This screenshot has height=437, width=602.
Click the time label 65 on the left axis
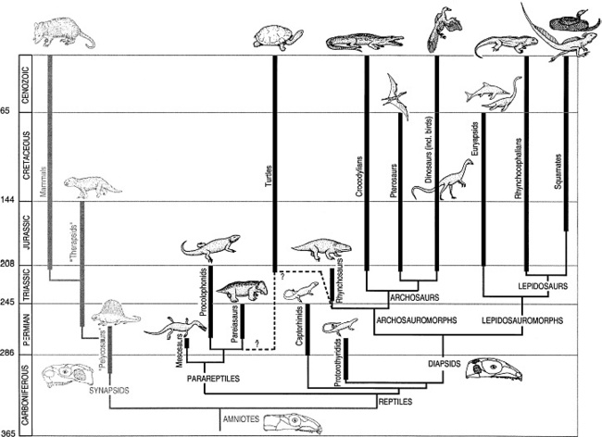pyautogui.click(x=6, y=112)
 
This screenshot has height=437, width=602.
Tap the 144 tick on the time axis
pyautogui.click(x=8, y=203)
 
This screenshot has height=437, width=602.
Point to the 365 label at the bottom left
pyautogui.click(x=8, y=431)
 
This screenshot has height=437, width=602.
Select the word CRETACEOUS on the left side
pyautogui.click(x=28, y=157)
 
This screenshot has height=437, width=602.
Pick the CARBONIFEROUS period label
pyautogui.click(x=28, y=393)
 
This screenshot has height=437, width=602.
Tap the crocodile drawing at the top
pyautogui.click(x=365, y=42)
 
